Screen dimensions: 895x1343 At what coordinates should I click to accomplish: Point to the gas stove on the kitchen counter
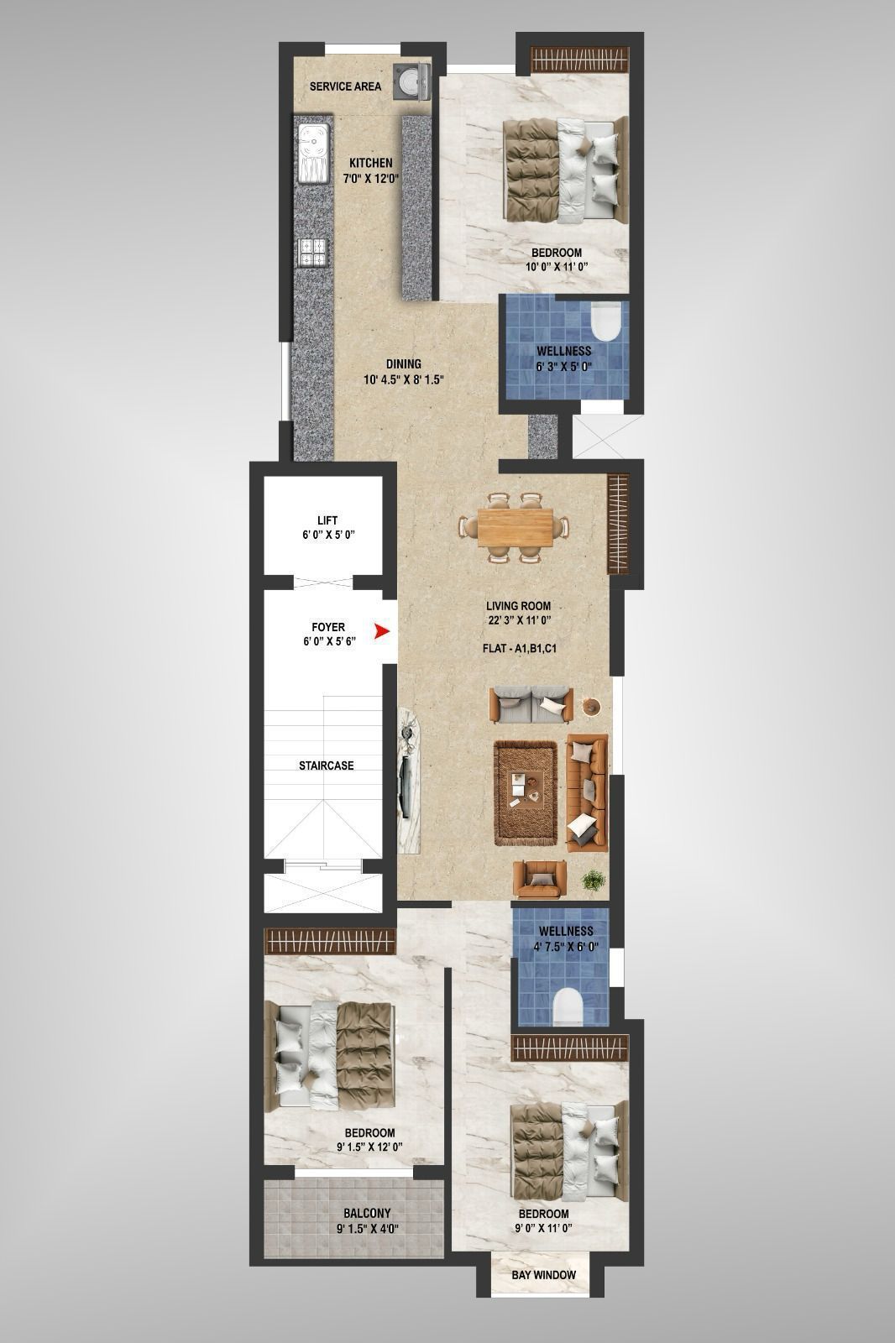click(312, 252)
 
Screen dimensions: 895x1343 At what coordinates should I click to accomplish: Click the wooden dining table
click(516, 528)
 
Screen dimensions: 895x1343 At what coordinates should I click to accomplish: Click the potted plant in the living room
click(593, 881)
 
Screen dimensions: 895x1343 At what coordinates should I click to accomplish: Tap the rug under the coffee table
click(526, 793)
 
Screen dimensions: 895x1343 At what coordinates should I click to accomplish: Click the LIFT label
click(327, 520)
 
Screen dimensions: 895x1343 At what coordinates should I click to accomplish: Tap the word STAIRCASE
click(327, 766)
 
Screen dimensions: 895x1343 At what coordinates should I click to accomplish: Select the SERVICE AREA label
click(345, 86)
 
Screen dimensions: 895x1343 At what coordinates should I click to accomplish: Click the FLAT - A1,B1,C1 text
click(520, 649)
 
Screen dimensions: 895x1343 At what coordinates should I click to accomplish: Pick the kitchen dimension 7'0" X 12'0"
click(371, 177)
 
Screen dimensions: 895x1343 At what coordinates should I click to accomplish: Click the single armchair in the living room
click(539, 880)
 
